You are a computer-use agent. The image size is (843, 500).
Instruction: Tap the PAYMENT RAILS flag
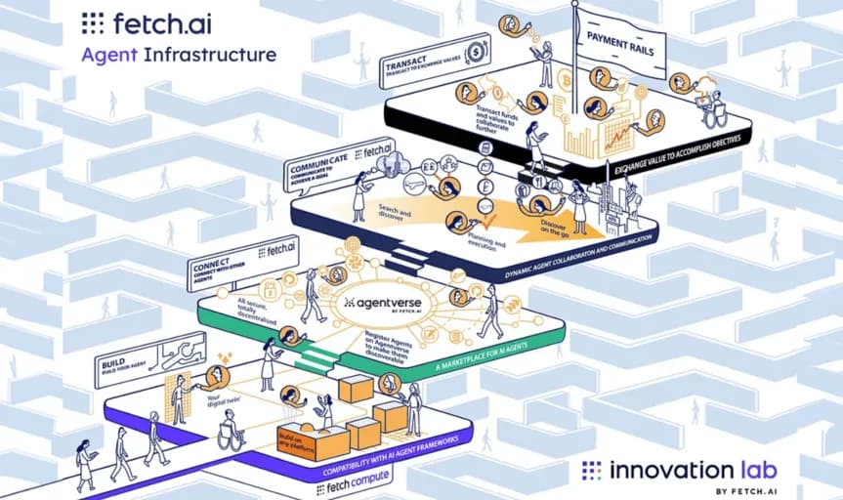coord(626,41)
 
